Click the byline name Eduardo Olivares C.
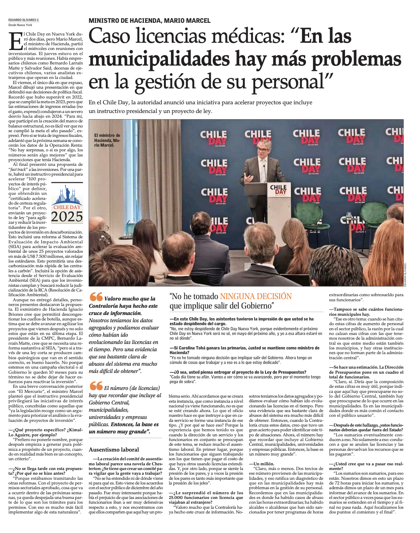pyautogui.click(x=24, y=20)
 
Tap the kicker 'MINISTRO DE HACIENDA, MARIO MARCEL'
pyautogui.click(x=150, y=21)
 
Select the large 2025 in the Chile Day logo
pyautogui.click(x=67, y=217)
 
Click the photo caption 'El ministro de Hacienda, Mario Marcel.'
pyautogui.click(x=107, y=140)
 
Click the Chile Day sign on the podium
pyautogui.click(x=278, y=189)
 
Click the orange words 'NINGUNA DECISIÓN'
pyautogui.click(x=256, y=297)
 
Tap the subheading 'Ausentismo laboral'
pyautogui.click(x=114, y=450)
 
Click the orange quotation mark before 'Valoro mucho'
pyautogui.click(x=96, y=297)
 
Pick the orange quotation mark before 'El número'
pyautogui.click(x=96, y=387)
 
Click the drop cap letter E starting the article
pyautogui.click(x=16, y=41)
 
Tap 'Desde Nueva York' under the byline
pyautogui.click(x=20, y=25)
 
